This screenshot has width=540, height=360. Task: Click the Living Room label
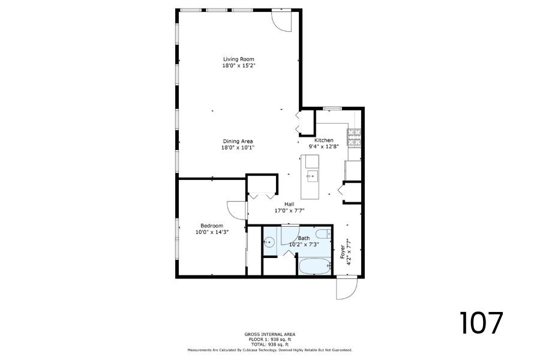coord(238,59)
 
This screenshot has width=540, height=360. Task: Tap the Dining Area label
coord(238,141)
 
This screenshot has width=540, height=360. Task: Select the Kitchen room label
coord(324,140)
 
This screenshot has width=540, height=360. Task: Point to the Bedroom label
coord(212,226)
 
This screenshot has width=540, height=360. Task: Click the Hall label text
coord(289,204)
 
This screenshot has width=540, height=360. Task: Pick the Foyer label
coord(343,252)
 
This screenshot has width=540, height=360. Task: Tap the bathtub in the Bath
coord(315,266)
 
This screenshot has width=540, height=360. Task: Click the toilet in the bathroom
coord(323,234)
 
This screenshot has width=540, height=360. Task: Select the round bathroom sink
coord(269,242)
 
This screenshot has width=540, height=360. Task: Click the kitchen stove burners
coord(354,138)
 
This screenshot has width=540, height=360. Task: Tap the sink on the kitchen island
coord(312,176)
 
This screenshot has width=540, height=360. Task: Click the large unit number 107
coord(481,323)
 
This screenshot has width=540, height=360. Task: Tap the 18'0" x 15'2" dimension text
coord(238,65)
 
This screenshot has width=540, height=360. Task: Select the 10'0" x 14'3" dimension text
coord(212,232)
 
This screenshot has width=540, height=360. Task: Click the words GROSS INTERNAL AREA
coord(269,334)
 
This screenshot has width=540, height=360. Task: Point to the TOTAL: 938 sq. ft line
coord(269,344)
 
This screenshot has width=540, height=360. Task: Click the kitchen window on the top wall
coord(332,109)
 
